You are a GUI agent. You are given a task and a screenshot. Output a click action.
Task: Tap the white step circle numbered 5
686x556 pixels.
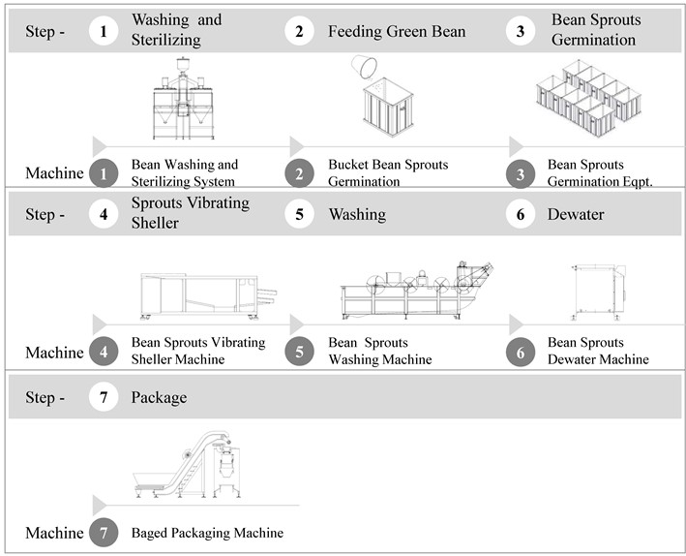click(x=299, y=214)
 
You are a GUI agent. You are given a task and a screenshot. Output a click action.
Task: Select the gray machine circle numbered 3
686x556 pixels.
click(x=521, y=173)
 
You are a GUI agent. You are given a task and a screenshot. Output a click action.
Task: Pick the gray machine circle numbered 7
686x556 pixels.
click(x=104, y=533)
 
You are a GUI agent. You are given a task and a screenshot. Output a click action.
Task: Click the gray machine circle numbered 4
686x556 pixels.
click(x=104, y=353)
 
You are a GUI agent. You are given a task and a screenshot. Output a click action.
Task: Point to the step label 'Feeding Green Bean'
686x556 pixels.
click(x=397, y=32)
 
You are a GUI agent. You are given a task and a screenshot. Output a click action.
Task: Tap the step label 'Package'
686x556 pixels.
click(x=160, y=397)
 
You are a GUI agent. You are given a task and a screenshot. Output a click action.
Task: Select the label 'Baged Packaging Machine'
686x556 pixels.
click(x=207, y=533)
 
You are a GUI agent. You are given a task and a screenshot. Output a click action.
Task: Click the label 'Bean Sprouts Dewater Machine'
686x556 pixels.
click(x=598, y=351)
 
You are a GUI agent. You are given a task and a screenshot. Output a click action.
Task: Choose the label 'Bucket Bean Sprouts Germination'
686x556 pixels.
click(x=388, y=172)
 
